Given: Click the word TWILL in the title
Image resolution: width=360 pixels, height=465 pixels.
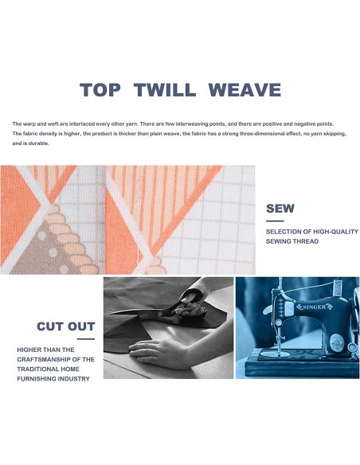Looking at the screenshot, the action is [165, 89].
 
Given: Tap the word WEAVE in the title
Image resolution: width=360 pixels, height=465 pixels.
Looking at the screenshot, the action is [245, 89].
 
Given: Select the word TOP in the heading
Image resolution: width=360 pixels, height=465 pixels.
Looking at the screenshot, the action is [100, 89].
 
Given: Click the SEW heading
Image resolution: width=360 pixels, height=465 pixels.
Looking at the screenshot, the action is [280, 208].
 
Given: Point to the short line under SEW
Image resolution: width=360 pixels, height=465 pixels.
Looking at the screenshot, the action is [275, 221].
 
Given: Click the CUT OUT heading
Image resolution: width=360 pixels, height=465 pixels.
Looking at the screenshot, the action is [66, 326].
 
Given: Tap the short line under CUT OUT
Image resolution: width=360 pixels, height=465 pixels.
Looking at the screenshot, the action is [86, 339].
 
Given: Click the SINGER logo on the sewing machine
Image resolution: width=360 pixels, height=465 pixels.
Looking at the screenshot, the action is [314, 307].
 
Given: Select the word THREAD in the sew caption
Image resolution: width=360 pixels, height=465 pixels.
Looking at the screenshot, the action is [305, 241].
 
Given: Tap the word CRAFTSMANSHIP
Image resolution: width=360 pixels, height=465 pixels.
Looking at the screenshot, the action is [44, 359].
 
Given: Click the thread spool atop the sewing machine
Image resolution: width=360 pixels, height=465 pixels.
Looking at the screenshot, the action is [336, 287].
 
